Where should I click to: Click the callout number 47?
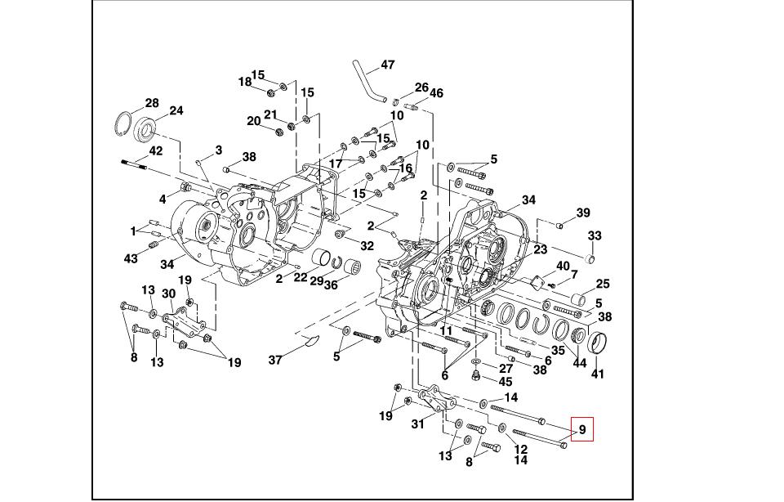388,65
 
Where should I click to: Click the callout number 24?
176,110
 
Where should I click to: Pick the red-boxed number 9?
582,429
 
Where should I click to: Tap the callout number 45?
506,381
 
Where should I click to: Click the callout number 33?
595,235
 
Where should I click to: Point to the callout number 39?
583,213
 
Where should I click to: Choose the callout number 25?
603,284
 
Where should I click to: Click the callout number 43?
131,258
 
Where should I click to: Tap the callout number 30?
168,294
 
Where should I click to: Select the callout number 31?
418,424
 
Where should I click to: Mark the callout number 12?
520,450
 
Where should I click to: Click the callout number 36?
331,285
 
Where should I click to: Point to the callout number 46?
436,93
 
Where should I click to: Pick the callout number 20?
253,121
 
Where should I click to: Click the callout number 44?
580,362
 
